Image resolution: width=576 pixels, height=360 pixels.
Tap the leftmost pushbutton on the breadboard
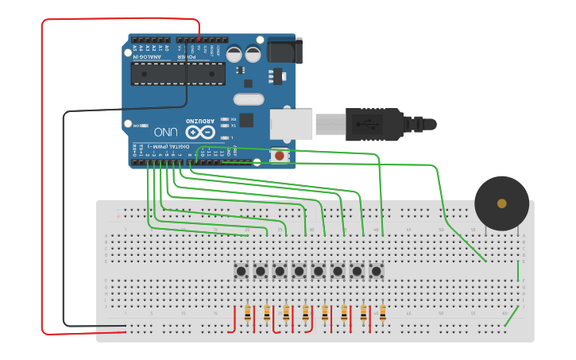(241, 272)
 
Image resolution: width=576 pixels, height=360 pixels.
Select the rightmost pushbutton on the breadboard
(376, 272)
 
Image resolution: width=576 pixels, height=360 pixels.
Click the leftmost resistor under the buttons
(248, 314)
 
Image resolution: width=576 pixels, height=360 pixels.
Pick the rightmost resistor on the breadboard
(382, 314)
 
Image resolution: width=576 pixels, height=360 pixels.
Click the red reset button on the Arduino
(280, 156)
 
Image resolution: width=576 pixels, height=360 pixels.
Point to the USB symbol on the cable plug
(368, 125)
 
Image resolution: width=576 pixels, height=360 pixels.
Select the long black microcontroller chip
(178, 74)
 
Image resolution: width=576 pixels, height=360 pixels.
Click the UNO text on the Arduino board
(165, 131)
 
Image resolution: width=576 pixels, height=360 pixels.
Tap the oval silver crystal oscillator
(248, 99)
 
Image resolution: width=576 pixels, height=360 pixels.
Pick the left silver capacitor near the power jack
(234, 54)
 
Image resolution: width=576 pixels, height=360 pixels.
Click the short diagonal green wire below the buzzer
(513, 317)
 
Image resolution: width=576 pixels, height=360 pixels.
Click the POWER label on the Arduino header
(182, 56)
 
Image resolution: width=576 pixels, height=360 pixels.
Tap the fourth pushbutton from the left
(299, 272)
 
